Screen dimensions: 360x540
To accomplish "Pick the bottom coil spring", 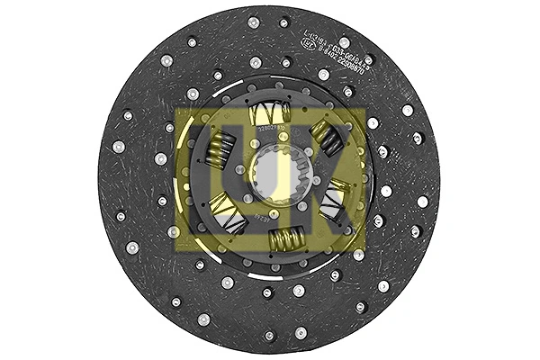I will click(x=282, y=239).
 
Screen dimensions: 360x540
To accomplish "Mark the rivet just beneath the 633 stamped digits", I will click(x=324, y=75).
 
